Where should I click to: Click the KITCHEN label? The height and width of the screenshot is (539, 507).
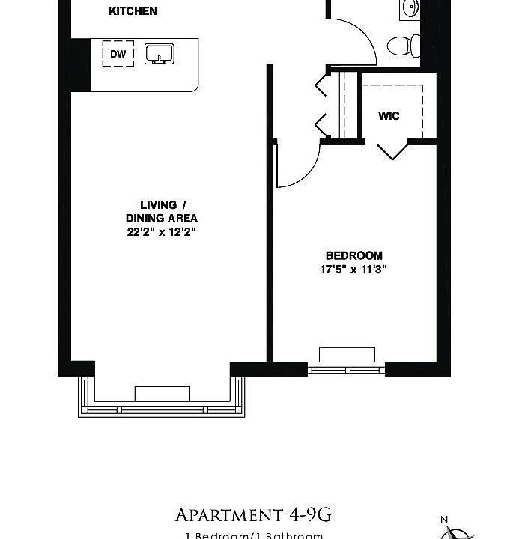coord(133,11)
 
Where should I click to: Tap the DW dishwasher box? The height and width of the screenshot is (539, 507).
coord(118,54)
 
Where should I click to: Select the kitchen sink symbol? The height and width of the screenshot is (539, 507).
coord(159,54)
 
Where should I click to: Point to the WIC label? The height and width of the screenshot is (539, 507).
coord(389,116)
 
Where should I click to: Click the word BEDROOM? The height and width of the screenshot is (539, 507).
coord(354,255)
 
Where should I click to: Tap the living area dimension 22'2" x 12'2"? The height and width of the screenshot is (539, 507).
coord(161,231)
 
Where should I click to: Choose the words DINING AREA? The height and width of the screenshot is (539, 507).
coord(162,218)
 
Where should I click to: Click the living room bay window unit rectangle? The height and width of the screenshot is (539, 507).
coord(163,394)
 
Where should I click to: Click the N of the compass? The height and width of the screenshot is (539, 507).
coord(444,520)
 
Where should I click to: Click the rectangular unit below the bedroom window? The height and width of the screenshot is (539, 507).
coord(347,354)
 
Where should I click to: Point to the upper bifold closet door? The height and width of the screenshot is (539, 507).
coord(322,85)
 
